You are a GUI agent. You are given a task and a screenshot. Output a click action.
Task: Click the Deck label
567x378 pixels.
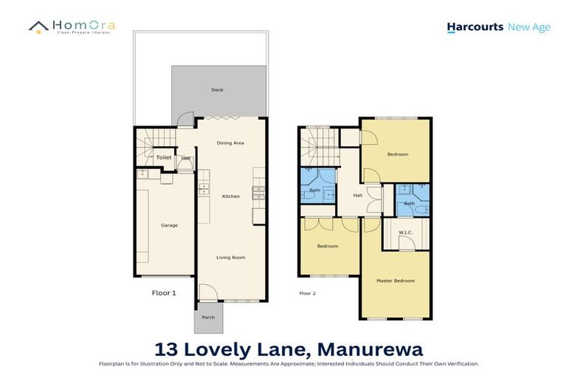click(217, 90)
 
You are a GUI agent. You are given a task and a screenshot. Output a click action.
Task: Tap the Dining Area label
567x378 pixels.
click(230, 142)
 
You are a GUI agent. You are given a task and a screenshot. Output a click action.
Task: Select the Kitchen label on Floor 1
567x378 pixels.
click(231, 196)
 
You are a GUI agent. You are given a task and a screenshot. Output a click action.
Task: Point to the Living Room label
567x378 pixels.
click(230, 258)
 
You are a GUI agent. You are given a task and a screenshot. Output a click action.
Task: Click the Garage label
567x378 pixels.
click(169, 225)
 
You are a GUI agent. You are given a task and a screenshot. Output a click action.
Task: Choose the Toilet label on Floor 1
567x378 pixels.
click(163, 158)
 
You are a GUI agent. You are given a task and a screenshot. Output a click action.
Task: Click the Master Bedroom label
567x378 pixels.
click(395, 281)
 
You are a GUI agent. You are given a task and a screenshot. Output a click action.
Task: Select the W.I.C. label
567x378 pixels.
click(405, 233)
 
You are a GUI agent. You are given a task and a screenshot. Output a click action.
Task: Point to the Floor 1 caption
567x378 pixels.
click(164, 292)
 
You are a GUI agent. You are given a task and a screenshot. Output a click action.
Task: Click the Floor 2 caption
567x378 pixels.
click(307, 293)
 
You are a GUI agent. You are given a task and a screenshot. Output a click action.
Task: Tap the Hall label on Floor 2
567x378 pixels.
click(357, 196)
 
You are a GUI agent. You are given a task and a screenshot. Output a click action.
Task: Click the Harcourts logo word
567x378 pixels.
click(475, 28)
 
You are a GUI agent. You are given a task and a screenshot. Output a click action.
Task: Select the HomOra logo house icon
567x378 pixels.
click(38, 27)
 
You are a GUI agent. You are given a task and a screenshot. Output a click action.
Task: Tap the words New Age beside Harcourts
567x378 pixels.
click(529, 27)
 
